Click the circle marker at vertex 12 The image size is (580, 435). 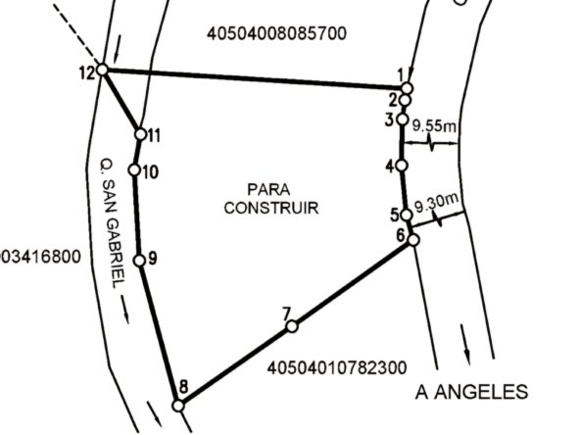coord(103,70)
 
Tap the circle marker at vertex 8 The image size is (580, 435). coord(178,406)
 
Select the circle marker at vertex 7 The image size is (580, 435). coord(292,326)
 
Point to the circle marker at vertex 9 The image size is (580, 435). coord(139,261)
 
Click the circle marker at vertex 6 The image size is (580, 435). coord(413,240)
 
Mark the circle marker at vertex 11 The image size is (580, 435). coord(140,134)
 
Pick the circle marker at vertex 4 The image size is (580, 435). coord(402,166)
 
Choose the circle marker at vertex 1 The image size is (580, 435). coord(407,88)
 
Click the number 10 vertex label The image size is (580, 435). coord(150,172)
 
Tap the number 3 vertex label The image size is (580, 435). coord(390,120)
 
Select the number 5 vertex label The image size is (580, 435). coord(395,215)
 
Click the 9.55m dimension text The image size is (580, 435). coord(434,125)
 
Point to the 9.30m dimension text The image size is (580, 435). coord(437,203)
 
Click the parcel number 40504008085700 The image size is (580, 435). coord(276,33)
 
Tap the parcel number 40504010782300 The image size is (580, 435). coord(337,368)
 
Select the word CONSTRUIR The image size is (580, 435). coord(271,208)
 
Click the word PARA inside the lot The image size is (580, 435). coord(268,190)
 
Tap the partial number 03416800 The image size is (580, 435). coord(40,257)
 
